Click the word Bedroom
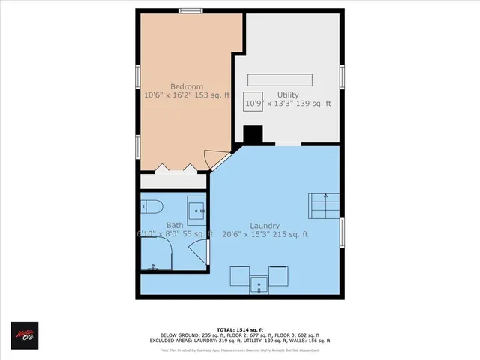183,85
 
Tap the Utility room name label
288,94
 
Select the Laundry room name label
265,226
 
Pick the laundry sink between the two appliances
259,283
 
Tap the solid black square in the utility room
253,135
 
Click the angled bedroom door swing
217,158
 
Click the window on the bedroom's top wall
190,10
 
